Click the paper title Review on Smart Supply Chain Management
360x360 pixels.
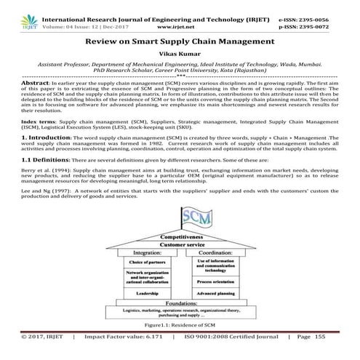point(179,42)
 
